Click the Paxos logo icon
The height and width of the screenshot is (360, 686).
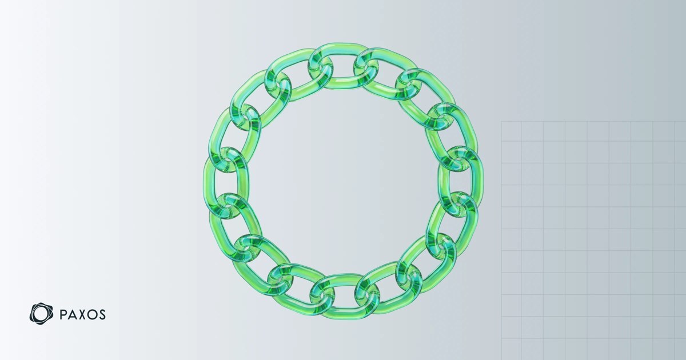coord(41,314)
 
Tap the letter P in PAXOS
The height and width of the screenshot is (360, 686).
coord(62,315)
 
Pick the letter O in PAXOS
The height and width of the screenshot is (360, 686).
coord(93,315)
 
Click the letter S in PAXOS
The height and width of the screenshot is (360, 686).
coord(102,315)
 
